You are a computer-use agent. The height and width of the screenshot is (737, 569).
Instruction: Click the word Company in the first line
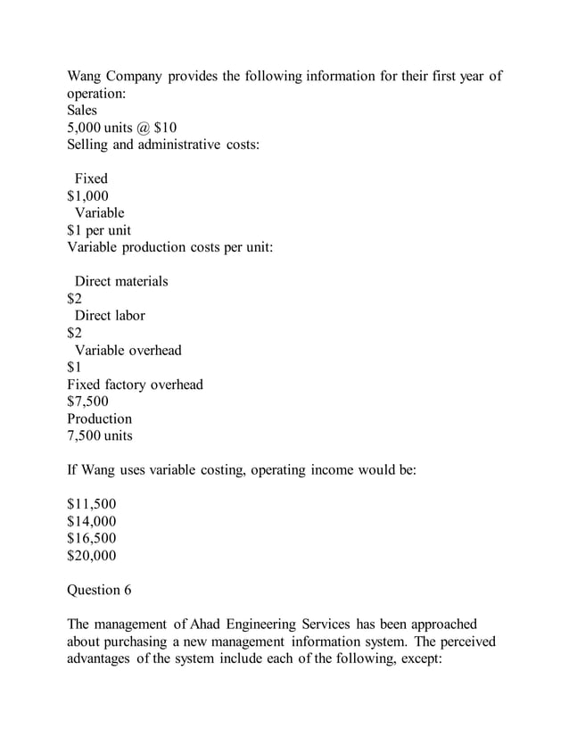click(134, 77)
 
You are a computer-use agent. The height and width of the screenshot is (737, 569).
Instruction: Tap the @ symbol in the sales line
click(147, 128)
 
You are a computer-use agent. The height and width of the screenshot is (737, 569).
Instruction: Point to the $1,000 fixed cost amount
click(88, 195)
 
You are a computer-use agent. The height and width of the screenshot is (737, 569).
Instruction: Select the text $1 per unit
click(99, 229)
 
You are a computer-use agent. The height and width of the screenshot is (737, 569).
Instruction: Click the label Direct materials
click(120, 281)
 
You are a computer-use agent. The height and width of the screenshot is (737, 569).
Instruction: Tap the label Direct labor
click(109, 315)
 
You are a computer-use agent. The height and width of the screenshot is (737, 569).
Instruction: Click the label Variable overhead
click(128, 350)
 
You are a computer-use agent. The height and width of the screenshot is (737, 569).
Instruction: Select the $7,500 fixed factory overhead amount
click(88, 402)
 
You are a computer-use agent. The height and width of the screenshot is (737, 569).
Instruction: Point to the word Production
click(99, 418)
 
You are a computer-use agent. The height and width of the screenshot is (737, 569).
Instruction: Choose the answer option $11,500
click(92, 504)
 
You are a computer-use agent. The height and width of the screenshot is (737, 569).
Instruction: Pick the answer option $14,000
click(92, 521)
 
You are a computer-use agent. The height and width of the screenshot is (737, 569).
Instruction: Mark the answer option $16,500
click(92, 538)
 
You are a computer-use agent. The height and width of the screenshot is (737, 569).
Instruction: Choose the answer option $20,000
click(92, 555)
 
